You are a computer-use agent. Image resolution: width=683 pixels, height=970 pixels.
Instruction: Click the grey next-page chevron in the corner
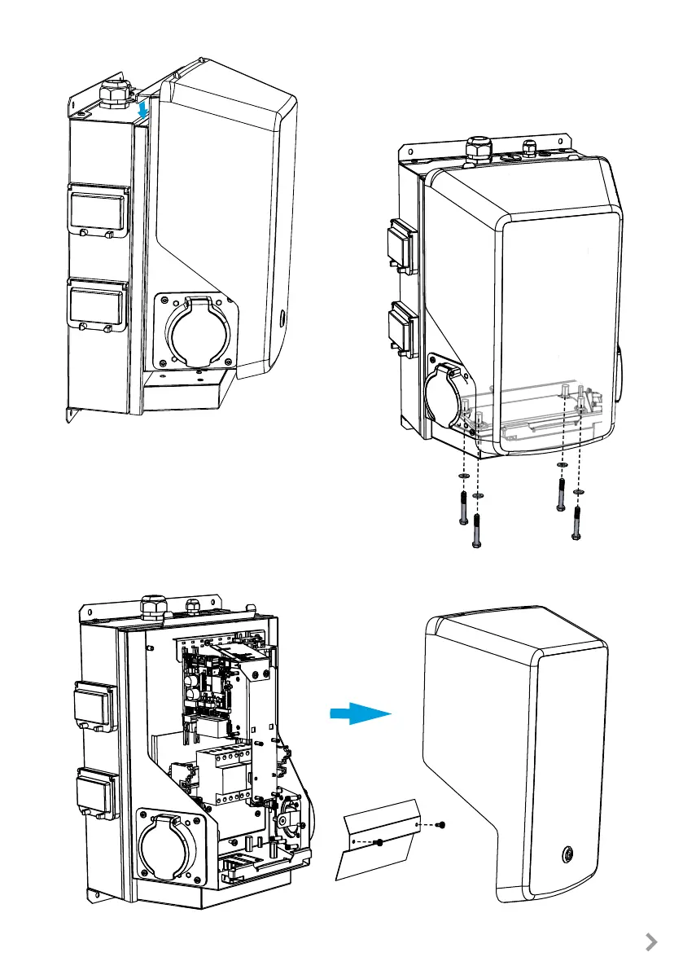pos(650,942)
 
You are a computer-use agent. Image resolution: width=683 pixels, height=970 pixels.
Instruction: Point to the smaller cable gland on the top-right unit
pos(530,149)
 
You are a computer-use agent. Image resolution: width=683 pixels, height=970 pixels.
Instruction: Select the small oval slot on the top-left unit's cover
pos(281,316)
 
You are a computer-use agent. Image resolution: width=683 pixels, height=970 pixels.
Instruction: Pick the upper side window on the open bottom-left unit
pos(97,703)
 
